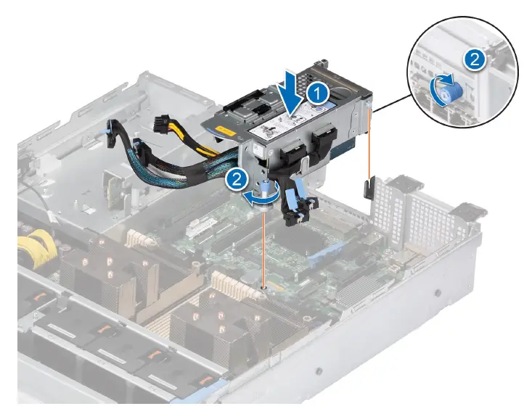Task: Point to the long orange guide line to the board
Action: (x=264, y=247)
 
